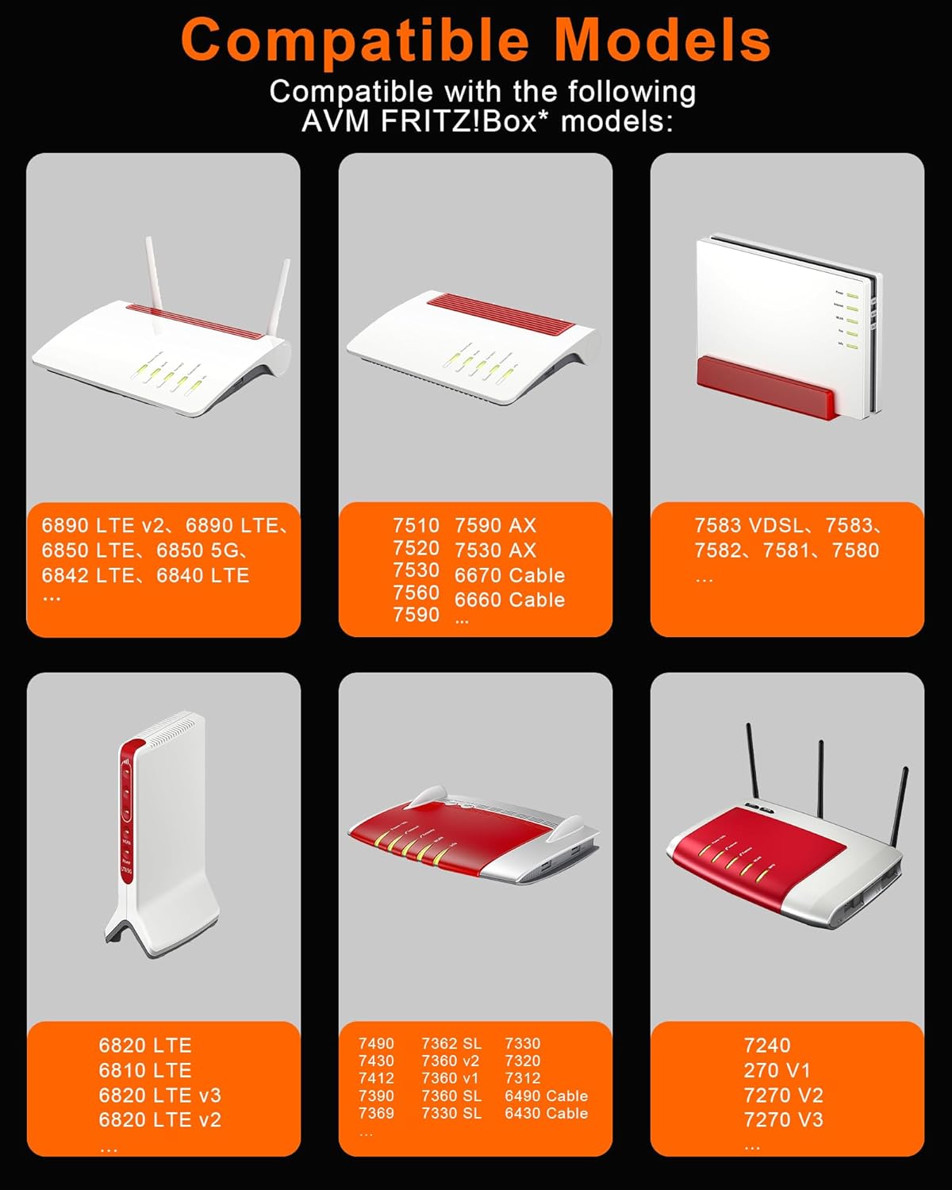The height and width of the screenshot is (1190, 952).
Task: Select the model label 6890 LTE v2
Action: click(x=103, y=525)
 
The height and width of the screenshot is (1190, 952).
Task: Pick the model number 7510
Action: click(x=416, y=525)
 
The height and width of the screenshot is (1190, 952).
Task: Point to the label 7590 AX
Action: click(x=495, y=525)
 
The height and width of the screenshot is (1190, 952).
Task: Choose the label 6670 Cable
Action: click(x=509, y=575)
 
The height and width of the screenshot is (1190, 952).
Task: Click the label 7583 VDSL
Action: click(x=749, y=525)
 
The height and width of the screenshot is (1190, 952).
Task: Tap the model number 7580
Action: click(x=855, y=551)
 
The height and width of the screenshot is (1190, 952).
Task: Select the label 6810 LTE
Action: click(x=145, y=1070)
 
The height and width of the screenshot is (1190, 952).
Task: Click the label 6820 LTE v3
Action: click(x=160, y=1095)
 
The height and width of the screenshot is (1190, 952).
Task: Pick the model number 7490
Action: click(x=376, y=1043)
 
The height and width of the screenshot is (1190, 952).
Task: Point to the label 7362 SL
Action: click(x=451, y=1043)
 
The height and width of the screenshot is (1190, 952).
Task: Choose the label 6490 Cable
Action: click(x=546, y=1096)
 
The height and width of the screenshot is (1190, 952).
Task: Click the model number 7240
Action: click(x=766, y=1045)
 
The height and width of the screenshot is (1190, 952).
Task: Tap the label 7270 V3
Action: click(x=783, y=1119)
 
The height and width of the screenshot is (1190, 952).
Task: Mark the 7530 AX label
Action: click(x=495, y=551)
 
